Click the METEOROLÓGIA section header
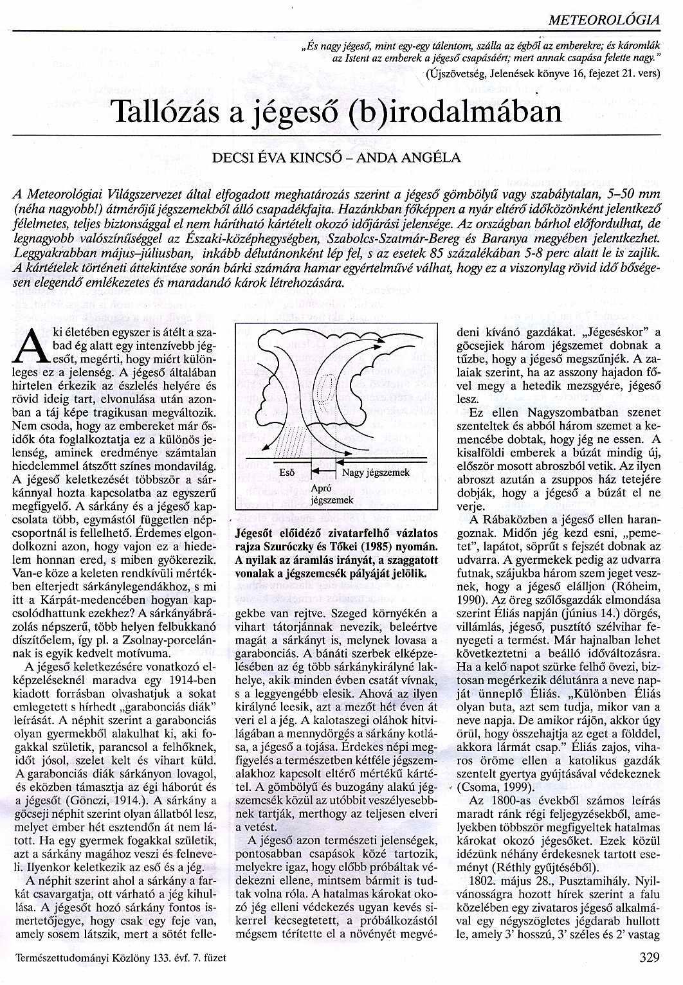pos(605,20)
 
